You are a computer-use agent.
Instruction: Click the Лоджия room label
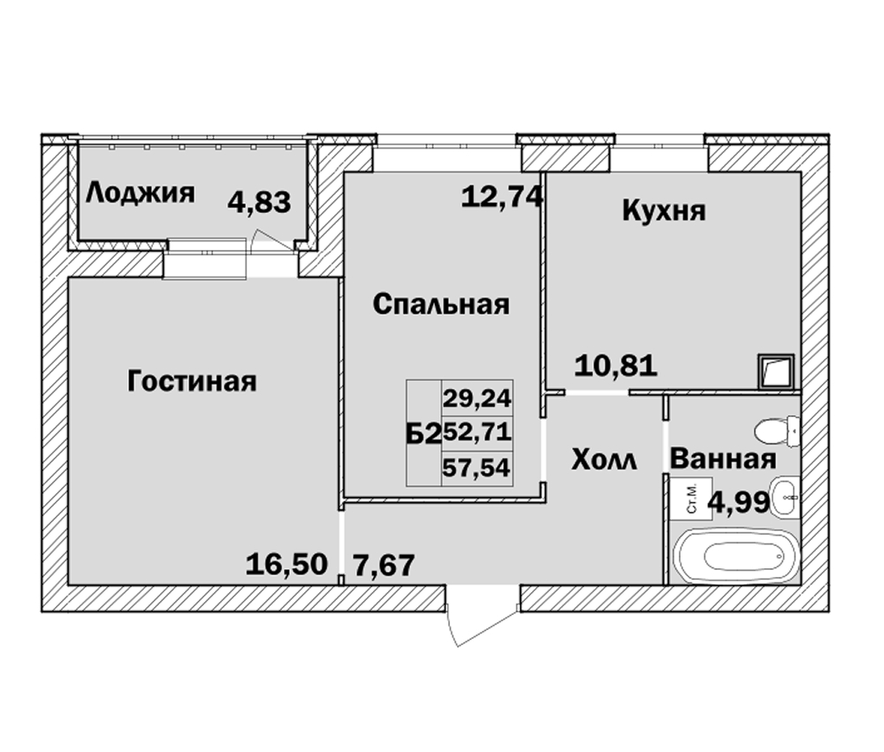click(x=140, y=194)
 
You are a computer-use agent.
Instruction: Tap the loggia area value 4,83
click(x=259, y=202)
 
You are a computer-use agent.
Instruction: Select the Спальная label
click(x=441, y=304)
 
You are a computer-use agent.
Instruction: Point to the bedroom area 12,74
click(x=502, y=197)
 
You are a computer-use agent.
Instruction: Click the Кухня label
click(x=664, y=211)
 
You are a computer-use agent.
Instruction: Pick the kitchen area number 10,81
click(x=615, y=365)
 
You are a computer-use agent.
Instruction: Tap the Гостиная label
click(x=192, y=381)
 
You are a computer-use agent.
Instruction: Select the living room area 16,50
click(x=286, y=565)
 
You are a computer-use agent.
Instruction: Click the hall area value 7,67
click(x=384, y=565)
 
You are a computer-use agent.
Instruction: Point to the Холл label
click(x=605, y=460)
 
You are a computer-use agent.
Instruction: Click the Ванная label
click(x=723, y=459)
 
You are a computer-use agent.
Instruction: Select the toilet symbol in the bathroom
click(x=777, y=431)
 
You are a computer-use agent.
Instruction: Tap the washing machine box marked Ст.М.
click(x=690, y=499)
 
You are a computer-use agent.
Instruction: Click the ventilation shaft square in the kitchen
click(x=776, y=371)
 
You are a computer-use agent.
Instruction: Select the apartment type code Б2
click(x=423, y=434)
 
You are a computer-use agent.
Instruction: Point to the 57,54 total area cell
click(x=476, y=468)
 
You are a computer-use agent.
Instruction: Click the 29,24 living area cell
click(x=476, y=399)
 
